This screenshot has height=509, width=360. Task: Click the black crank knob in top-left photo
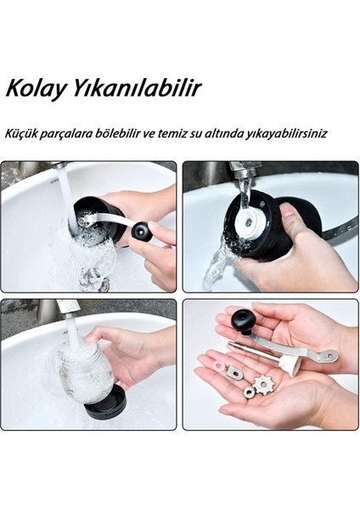pos(141,231)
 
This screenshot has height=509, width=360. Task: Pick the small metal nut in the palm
pos(250,391)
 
